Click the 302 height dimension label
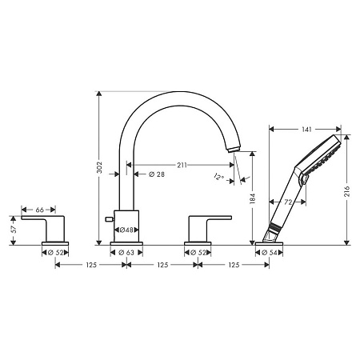[x=100, y=168]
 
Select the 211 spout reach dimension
[x=182, y=166]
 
